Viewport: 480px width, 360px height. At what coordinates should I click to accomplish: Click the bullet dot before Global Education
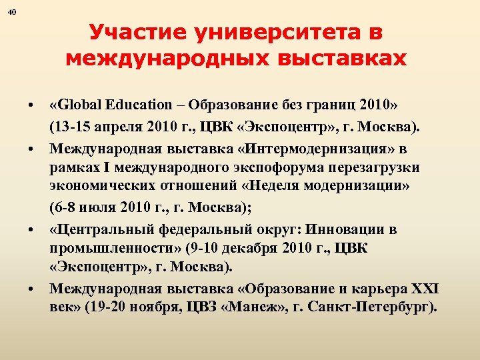click(30, 107)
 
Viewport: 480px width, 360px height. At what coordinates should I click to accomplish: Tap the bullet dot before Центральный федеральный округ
click(30, 231)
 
